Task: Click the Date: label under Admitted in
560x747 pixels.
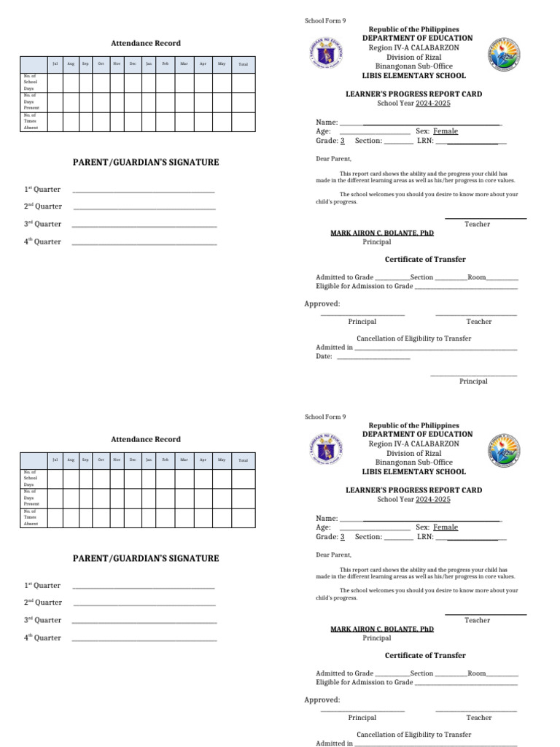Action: click(x=324, y=357)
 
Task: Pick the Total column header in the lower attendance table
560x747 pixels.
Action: click(x=243, y=460)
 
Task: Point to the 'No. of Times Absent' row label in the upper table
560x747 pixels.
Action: click(x=31, y=121)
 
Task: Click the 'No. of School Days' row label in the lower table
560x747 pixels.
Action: click(x=31, y=478)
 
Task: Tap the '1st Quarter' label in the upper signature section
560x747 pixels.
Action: click(x=42, y=190)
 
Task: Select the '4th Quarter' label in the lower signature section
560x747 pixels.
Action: click(x=42, y=638)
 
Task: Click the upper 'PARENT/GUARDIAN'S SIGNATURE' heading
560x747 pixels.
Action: click(x=145, y=162)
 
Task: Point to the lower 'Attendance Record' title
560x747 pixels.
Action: click(x=145, y=439)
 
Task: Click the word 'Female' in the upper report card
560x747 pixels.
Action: click(x=446, y=131)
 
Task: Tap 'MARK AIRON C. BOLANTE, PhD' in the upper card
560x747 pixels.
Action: click(x=382, y=233)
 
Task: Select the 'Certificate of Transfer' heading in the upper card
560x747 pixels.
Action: click(x=425, y=260)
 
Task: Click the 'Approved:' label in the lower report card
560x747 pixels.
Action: click(x=322, y=700)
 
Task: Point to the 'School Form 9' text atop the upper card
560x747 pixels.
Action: click(x=325, y=20)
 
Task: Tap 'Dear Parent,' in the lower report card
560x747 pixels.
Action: click(x=333, y=555)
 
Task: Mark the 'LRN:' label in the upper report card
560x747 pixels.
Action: click(x=425, y=141)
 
